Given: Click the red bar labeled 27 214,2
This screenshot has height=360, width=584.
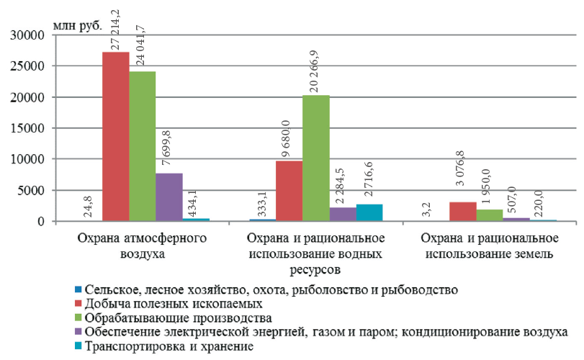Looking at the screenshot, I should coord(115,137).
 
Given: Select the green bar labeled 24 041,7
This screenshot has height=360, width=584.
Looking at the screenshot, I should coord(142,147).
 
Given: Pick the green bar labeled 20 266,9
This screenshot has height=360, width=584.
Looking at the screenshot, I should coord(315,158).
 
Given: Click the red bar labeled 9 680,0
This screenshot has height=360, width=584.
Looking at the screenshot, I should coord(289,191).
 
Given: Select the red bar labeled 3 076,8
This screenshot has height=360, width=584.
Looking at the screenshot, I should coord(462,212).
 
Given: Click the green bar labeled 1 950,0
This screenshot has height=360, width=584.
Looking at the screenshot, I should coord(489,215).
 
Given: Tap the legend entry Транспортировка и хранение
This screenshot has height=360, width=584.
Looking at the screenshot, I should coord(169,346).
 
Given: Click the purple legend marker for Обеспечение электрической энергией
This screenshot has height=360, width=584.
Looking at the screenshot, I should coord(78,333).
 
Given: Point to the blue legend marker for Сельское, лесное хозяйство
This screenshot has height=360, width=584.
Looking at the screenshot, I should coord(78,290).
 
